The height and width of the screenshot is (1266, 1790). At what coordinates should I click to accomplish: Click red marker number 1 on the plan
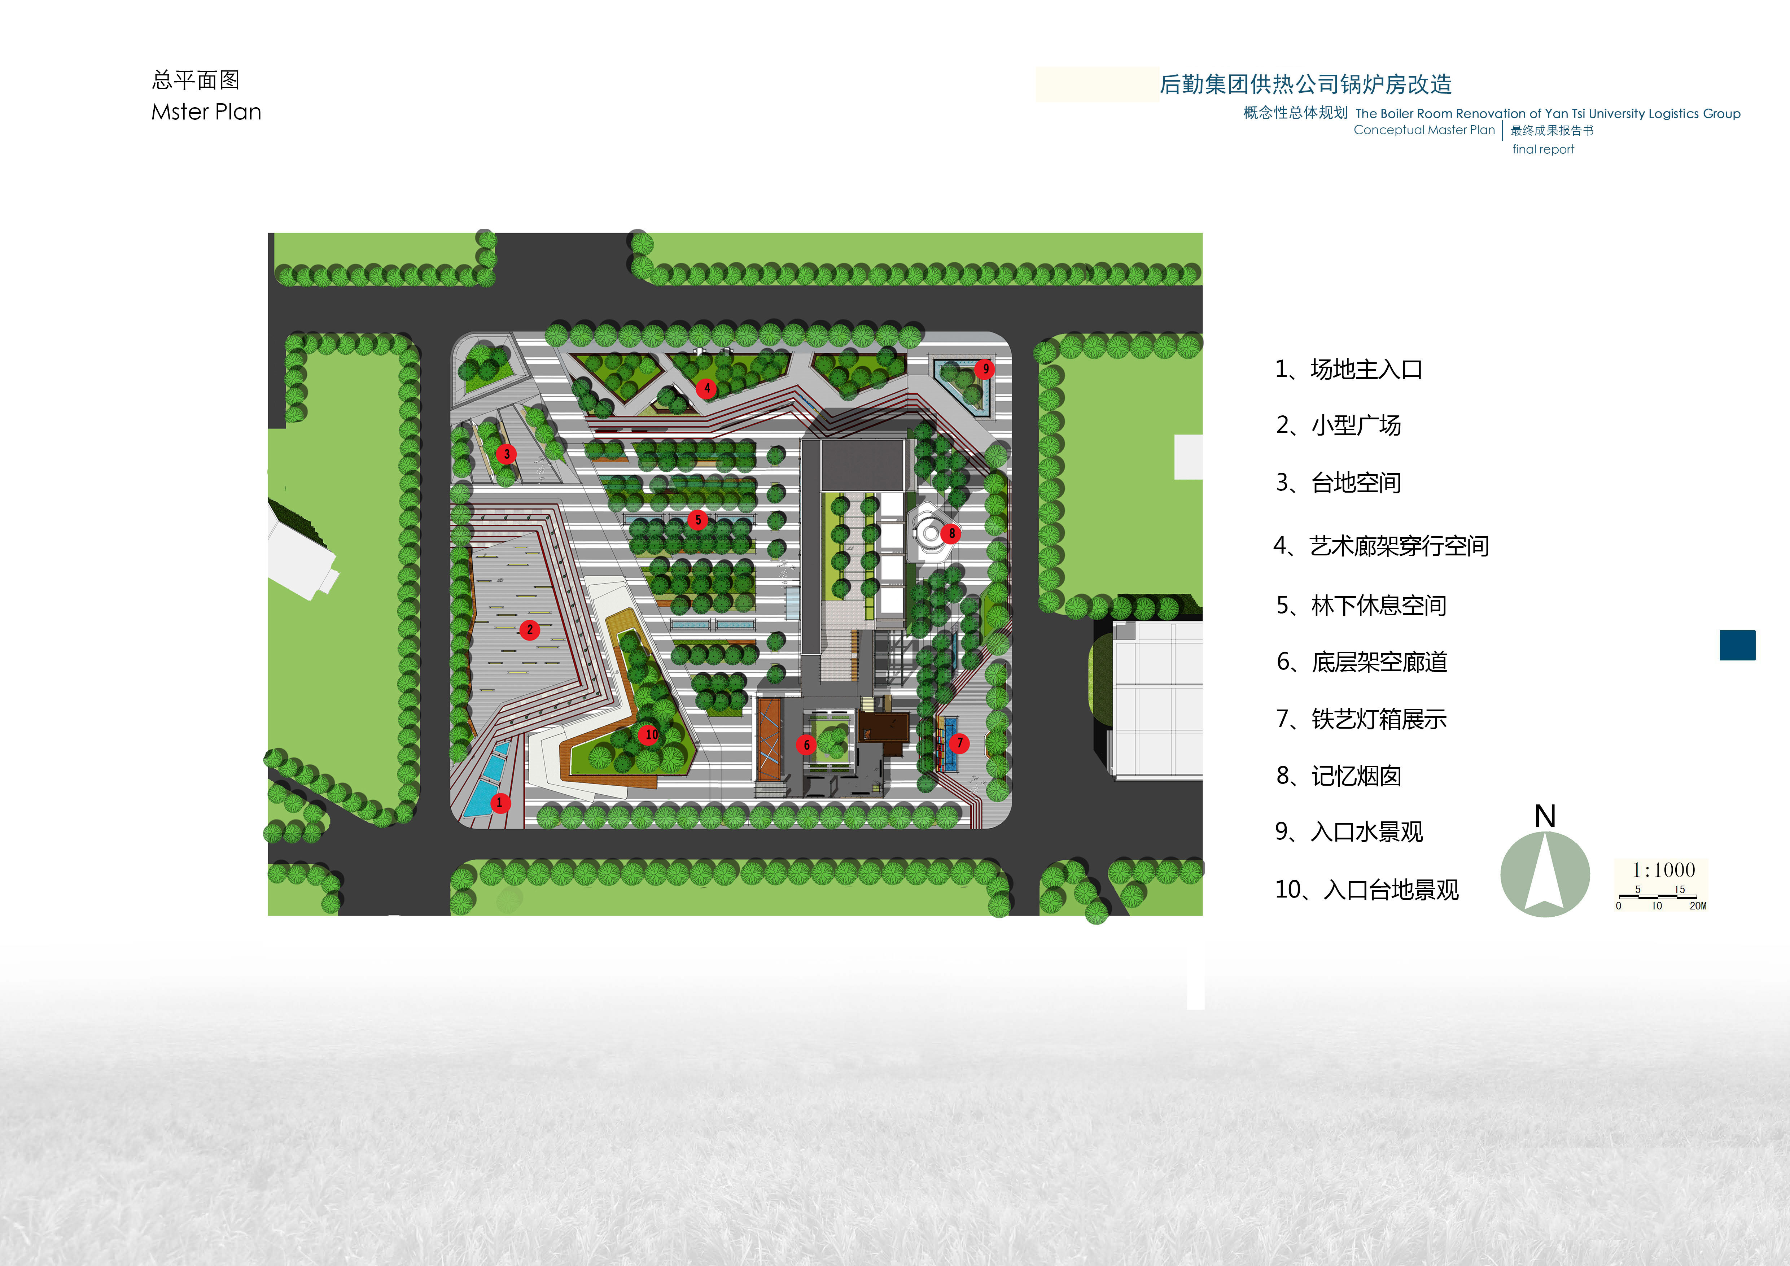(500, 802)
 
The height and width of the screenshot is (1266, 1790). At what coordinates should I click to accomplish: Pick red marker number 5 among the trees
(698, 519)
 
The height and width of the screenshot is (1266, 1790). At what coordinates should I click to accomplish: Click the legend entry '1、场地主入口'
(1348, 370)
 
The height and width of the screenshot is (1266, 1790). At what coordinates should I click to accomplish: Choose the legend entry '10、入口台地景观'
(1366, 890)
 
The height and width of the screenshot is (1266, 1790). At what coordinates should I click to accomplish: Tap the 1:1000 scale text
(1663, 870)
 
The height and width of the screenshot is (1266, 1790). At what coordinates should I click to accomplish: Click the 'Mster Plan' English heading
(206, 112)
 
